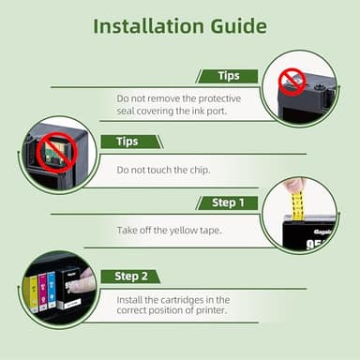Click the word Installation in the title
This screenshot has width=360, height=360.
pyautogui.click(x=148, y=26)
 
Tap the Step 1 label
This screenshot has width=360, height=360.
pyautogui.click(x=228, y=202)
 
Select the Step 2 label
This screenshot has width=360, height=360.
pyautogui.click(x=131, y=277)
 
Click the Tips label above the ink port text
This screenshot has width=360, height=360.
pyautogui.click(x=229, y=76)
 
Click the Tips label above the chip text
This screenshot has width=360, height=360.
pyautogui.click(x=127, y=142)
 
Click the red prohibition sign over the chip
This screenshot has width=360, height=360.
pyautogui.click(x=54, y=152)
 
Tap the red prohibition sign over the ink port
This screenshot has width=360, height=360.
pyautogui.click(x=292, y=82)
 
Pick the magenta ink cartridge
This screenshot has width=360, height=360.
pyautogui.click(x=43, y=292)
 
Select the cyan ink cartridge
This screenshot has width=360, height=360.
pyautogui.click(x=52, y=290)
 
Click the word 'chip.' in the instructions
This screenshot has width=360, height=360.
pyautogui.click(x=200, y=170)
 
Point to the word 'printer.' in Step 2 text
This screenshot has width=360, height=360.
pyautogui.click(x=211, y=310)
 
